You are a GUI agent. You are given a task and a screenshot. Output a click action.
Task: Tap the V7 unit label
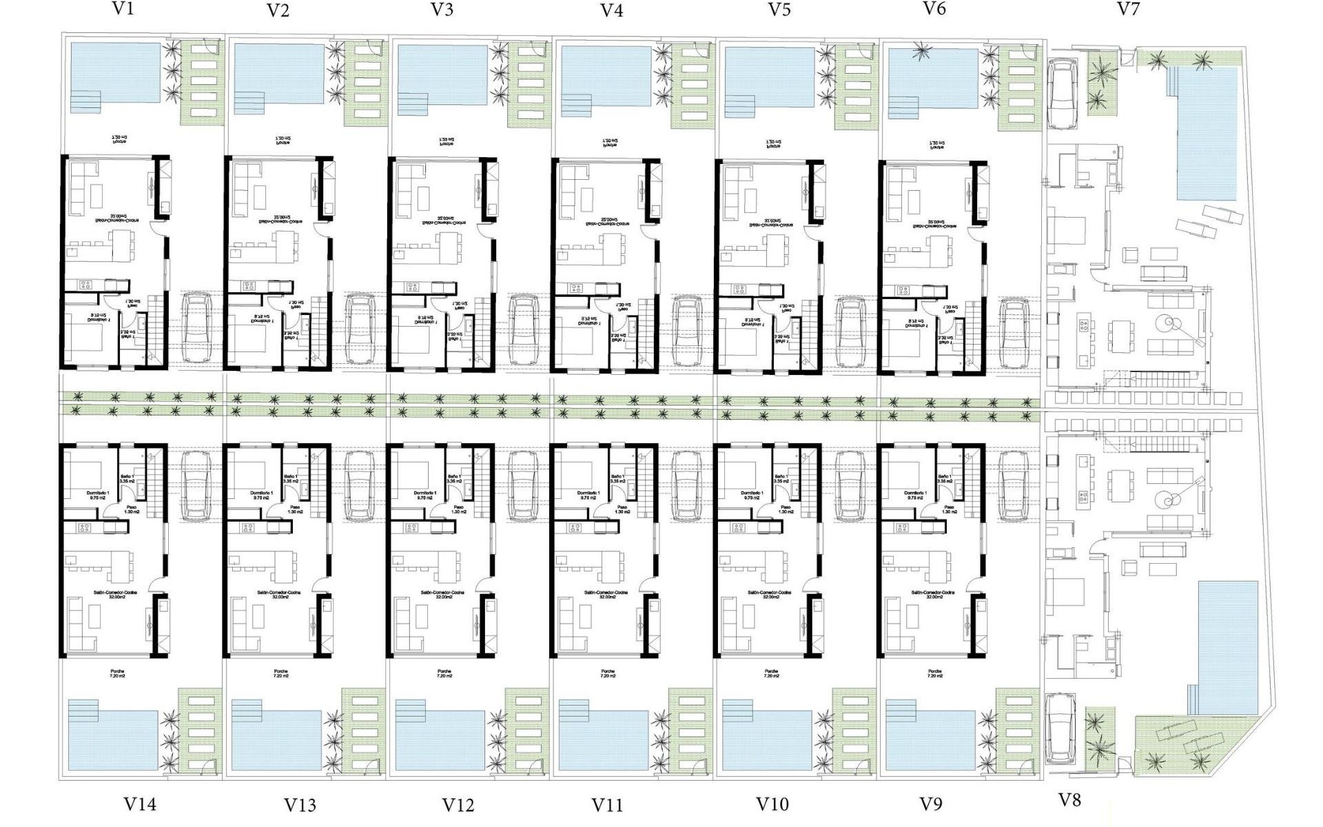[x=1128, y=9]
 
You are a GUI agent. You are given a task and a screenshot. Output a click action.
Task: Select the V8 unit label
[x=1069, y=799]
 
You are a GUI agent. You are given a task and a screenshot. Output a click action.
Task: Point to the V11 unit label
[x=607, y=804]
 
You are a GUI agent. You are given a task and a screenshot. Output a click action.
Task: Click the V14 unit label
[x=140, y=804]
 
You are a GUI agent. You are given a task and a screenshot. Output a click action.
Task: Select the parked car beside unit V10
[x=850, y=486]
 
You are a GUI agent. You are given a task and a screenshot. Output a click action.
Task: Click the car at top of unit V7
[x=1061, y=93]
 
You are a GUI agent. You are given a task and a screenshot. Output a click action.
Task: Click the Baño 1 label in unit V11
[x=617, y=479]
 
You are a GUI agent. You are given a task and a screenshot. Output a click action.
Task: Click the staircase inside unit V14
[x=157, y=482]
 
